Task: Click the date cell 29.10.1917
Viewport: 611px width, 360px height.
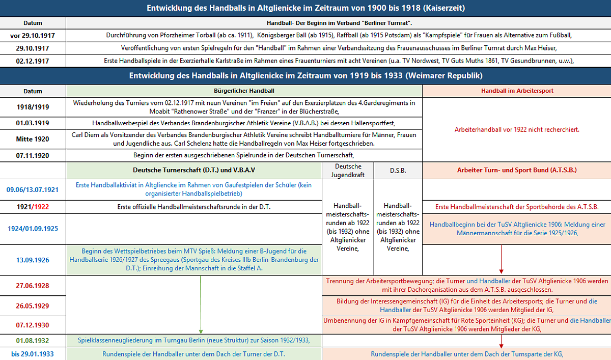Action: coord(33,48)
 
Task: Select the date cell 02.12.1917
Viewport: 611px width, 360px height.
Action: coord(33,61)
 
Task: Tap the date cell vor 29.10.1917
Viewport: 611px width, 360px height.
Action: coord(33,36)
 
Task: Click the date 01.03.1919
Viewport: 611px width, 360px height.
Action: coord(33,123)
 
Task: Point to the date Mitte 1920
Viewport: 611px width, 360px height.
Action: coord(33,139)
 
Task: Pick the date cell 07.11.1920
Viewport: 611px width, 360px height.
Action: coord(33,155)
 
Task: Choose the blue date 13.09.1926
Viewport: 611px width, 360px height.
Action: coord(33,260)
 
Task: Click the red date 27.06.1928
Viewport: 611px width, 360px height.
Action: coord(33,286)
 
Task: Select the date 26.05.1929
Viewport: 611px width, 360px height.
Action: coord(33,306)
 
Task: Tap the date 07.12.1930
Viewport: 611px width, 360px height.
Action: coord(33,324)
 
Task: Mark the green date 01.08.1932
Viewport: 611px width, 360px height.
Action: coord(33,340)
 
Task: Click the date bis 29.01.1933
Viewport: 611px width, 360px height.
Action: coord(33,354)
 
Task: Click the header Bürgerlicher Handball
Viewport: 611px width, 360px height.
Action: coord(244,91)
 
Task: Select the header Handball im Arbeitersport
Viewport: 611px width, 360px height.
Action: coord(517,91)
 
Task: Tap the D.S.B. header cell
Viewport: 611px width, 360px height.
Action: coord(398,171)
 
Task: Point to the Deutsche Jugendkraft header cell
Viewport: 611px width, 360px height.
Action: coord(348,171)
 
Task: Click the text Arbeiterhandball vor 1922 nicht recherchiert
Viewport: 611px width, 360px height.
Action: coord(517,129)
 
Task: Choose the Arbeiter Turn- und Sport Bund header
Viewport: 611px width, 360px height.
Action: coord(517,170)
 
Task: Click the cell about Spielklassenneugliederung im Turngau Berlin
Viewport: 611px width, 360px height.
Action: coord(193,340)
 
